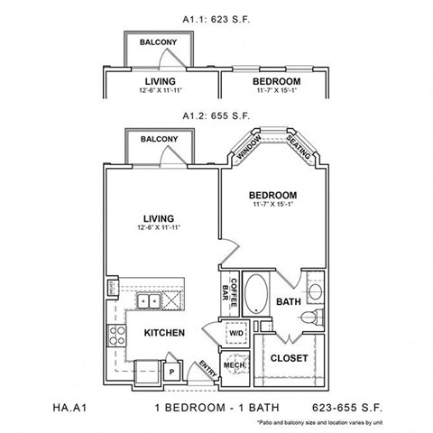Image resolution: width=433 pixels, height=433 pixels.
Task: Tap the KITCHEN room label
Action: tap(164, 333)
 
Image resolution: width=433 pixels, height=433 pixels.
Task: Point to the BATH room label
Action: tap(289, 301)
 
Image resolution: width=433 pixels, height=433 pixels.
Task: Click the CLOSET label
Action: tap(290, 358)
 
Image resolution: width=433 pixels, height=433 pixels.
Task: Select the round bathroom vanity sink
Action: tap(315, 291)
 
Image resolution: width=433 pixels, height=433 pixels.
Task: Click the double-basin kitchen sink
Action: tap(149, 301)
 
